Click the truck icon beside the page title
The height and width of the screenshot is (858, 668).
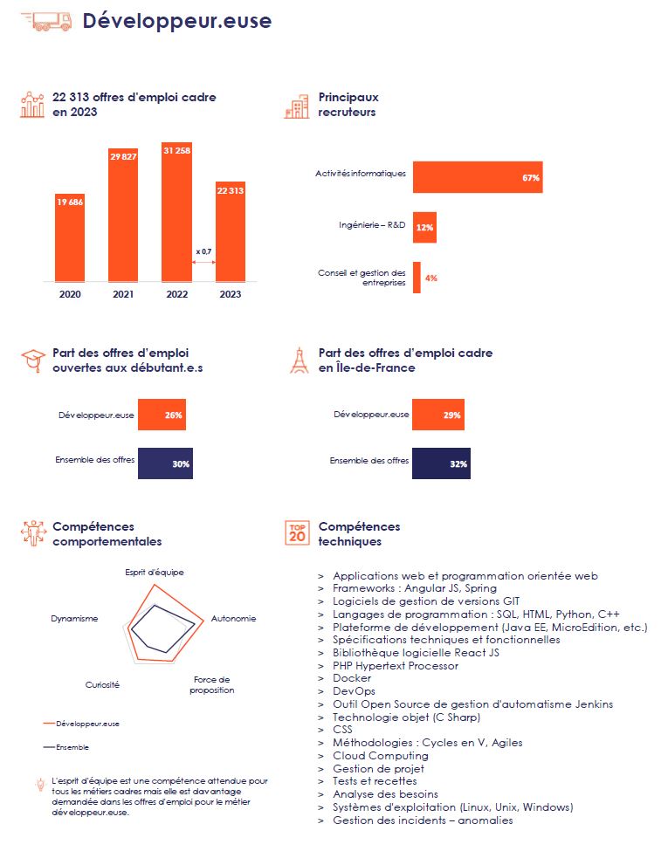pos(46,21)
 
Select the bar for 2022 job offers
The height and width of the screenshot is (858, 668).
pos(177,212)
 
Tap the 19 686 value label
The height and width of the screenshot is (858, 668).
pos(70,202)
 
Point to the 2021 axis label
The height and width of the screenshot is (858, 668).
pos(123,294)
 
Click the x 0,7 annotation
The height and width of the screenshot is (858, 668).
pos(203,251)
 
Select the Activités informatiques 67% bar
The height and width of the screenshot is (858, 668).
pos(478,177)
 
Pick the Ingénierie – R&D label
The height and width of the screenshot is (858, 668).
pos(372,225)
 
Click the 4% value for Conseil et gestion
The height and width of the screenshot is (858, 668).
pos(430,278)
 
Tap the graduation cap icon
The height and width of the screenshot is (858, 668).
pos(33,360)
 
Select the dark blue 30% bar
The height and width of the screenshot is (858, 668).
pos(165,463)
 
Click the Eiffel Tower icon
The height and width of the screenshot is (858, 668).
pos(299,360)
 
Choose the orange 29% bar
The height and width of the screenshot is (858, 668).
pos(438,415)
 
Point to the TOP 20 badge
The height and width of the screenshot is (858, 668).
pos(297,533)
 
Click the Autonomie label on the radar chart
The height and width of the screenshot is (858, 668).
pos(234,619)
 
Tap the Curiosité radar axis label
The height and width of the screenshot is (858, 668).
pos(102,685)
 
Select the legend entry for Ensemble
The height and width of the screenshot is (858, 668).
pos(65,747)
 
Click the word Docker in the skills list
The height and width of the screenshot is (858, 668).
pos(352,678)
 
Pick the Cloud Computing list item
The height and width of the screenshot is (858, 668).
pos(381,756)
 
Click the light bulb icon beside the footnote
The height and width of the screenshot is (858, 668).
pos(40,785)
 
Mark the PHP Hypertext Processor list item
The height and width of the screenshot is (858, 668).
pos(396,666)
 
